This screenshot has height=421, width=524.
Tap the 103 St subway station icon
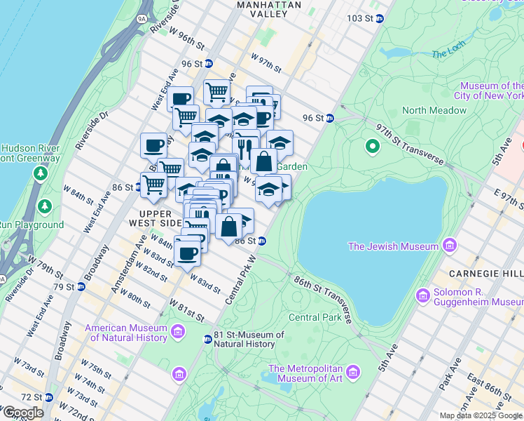pos(379,18)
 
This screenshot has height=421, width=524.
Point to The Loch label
pos(448,53)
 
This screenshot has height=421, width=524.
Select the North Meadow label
pos(434,110)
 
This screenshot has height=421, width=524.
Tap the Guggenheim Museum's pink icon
pos(422,295)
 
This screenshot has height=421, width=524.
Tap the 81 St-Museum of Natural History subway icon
pos(207,340)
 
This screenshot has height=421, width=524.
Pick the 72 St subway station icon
pos(48,397)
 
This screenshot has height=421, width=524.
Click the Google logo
pos(22,412)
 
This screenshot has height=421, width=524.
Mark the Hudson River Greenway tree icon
pos(41,172)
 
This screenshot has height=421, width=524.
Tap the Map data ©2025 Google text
pos(481,415)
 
